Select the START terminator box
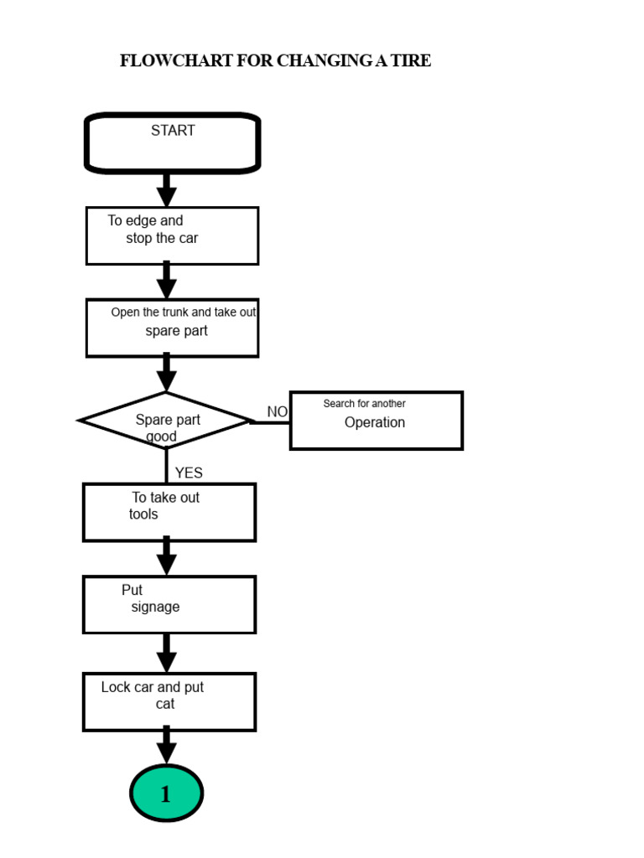click(173, 143)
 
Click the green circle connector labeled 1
click(166, 793)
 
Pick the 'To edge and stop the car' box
click(172, 235)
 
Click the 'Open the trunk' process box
click(172, 328)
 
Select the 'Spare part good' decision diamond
click(166, 421)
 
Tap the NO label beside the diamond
click(277, 411)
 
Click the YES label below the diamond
click(189, 473)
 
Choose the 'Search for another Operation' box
click(376, 421)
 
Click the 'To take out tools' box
click(169, 512)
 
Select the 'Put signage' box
click(169, 604)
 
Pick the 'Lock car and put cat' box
click(169, 701)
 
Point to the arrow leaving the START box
click(167, 190)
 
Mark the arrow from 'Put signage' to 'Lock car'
click(167, 653)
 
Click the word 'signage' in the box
click(155, 607)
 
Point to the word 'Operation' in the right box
click(375, 422)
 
